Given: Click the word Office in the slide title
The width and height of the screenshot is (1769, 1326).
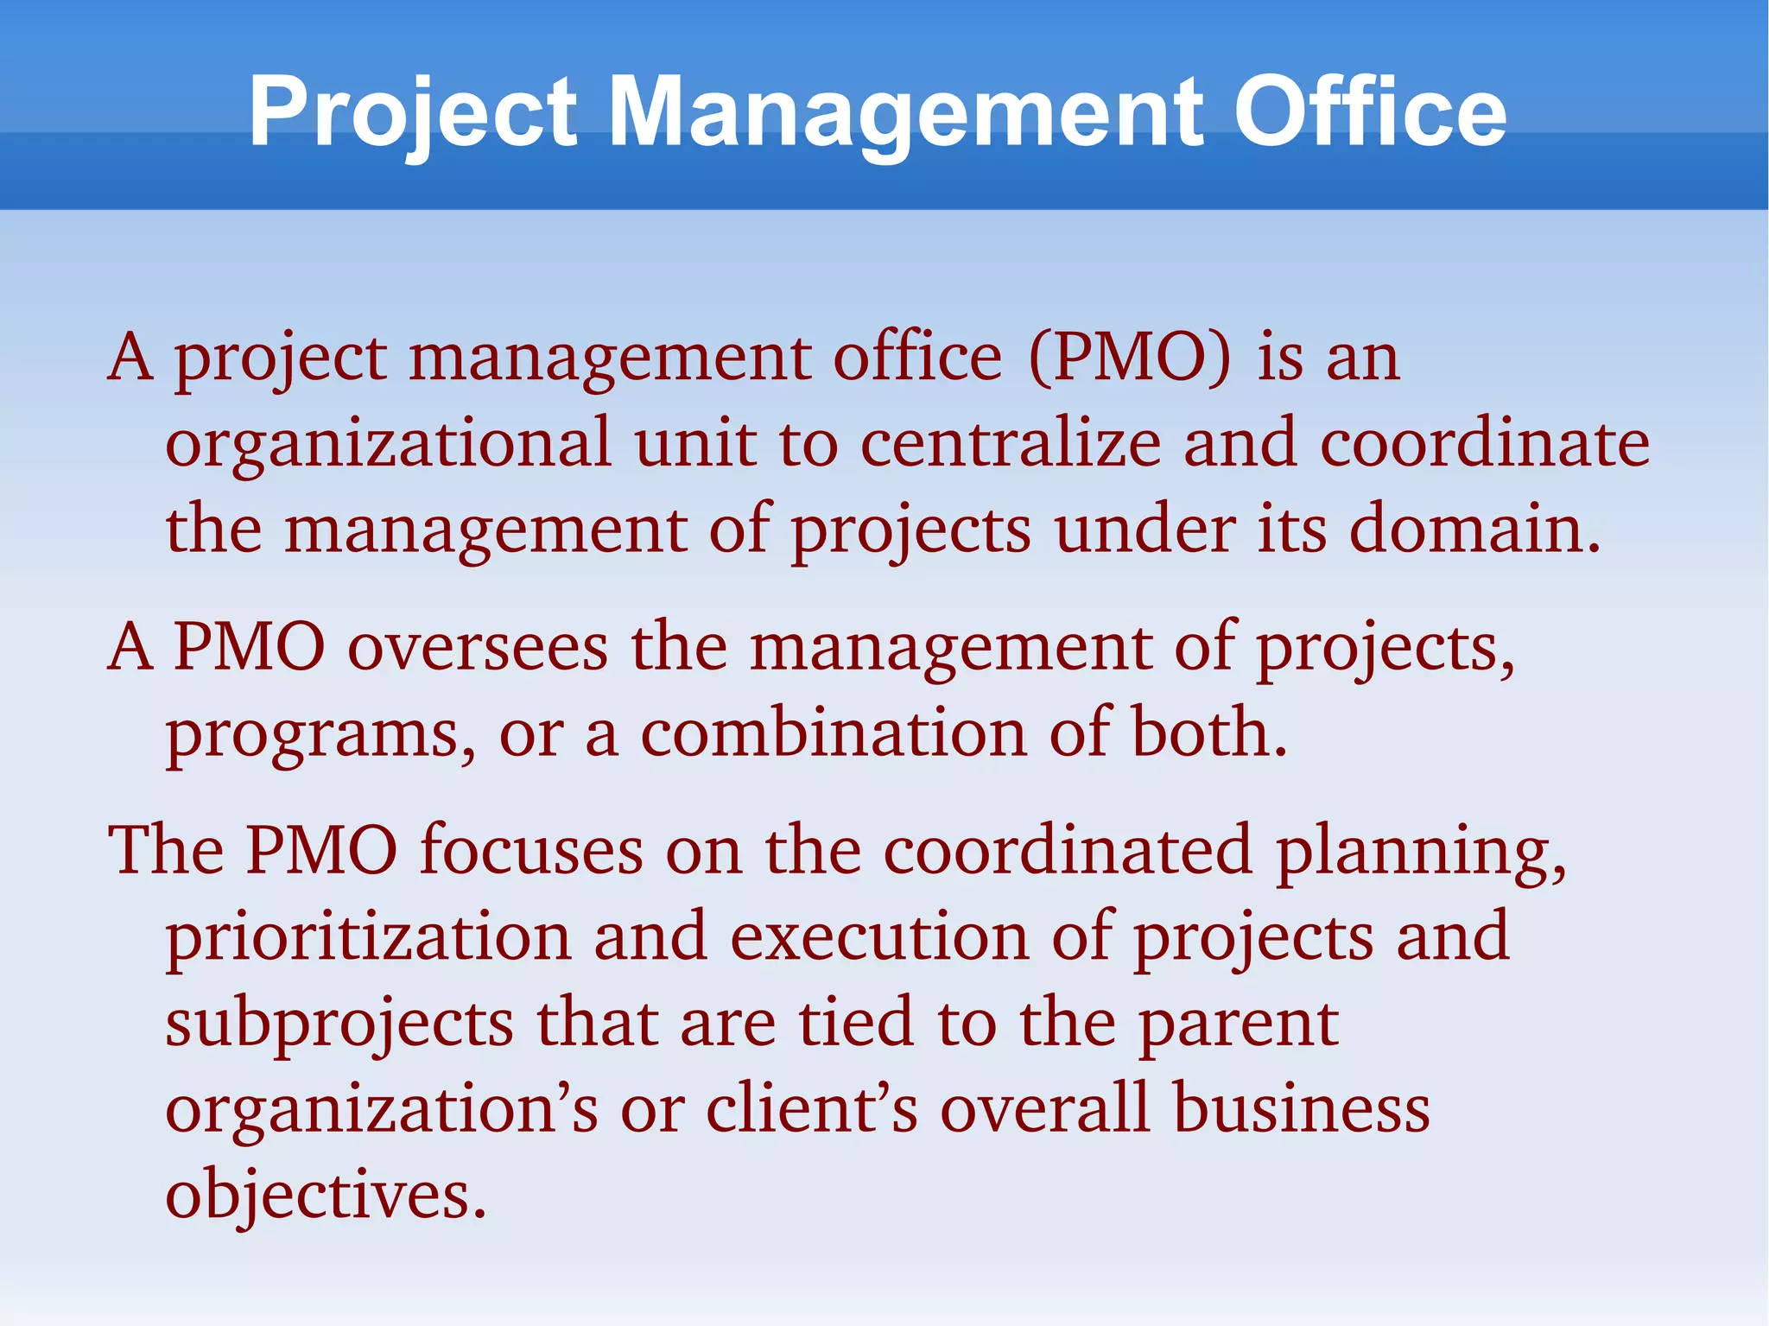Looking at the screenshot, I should (x=1370, y=112).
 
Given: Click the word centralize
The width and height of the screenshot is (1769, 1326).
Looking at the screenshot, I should (x=1011, y=443).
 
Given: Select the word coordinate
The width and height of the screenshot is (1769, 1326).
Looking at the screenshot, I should (x=1485, y=443).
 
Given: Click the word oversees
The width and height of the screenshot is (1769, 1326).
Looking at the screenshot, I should (x=478, y=647).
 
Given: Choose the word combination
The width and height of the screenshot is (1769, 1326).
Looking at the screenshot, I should (x=834, y=733).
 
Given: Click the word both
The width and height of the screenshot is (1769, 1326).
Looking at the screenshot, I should (x=1209, y=733).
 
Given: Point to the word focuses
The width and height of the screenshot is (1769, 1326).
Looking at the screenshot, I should (x=531, y=850).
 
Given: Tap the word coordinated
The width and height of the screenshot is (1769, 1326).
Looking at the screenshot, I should (x=1067, y=850).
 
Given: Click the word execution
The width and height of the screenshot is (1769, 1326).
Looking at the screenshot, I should (x=879, y=936).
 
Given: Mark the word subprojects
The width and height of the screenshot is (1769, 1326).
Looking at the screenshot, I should (x=339, y=1023).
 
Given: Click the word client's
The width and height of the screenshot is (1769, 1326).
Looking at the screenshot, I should (x=812, y=1108).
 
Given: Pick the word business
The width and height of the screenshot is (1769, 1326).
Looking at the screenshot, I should (x=1301, y=1108).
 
